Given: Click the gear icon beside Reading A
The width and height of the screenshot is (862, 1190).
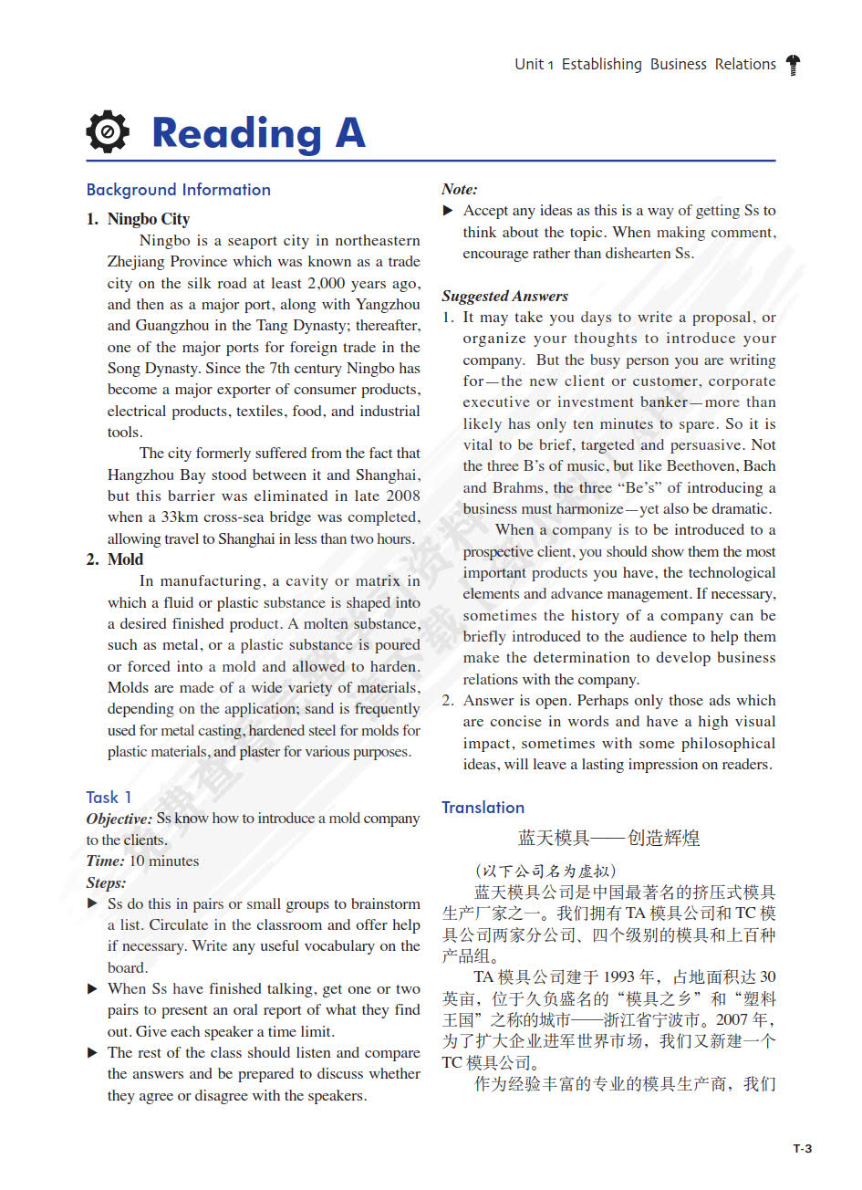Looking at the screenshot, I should [x=108, y=132].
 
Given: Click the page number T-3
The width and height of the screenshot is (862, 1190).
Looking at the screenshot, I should [x=802, y=1148].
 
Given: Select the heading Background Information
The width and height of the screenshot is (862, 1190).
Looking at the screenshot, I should [x=179, y=190].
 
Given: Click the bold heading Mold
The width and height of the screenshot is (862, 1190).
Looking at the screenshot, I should [x=125, y=559].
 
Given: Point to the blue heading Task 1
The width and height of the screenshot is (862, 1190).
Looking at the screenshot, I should [x=109, y=797].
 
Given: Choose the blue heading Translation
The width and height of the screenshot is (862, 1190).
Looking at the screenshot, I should [x=483, y=808].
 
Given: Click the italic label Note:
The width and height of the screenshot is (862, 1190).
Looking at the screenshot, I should [x=460, y=189].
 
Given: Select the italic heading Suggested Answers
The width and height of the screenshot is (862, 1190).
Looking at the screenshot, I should [x=504, y=296].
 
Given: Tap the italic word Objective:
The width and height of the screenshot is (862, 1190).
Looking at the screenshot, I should [x=119, y=819].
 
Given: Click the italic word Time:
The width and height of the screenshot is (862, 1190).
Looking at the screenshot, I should [x=106, y=861].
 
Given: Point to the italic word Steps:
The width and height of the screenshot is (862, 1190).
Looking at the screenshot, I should [x=107, y=882].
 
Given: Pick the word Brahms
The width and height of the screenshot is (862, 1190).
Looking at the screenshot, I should [x=521, y=487].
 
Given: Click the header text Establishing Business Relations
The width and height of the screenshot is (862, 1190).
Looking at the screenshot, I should [x=669, y=64].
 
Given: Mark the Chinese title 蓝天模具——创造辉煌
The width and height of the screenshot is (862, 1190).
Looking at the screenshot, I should [x=608, y=838].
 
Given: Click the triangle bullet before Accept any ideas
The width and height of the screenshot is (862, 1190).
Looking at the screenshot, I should [x=448, y=211].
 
